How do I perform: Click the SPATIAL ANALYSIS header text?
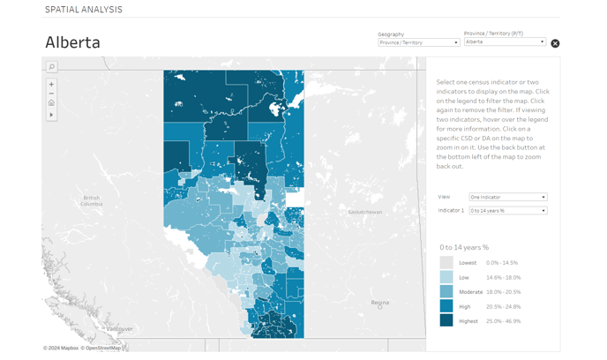[84, 10]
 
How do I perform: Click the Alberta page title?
[72, 42]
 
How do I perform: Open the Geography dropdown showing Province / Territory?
[418, 42]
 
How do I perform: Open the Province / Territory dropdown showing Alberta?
[505, 41]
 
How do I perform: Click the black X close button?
[555, 43]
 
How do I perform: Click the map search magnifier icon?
[52, 67]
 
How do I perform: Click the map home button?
[52, 103]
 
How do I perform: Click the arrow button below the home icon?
[52, 115]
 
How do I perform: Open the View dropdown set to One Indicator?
[507, 197]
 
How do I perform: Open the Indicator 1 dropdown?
[507, 211]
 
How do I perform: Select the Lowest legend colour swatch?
[446, 263]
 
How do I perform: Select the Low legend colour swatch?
[446, 277]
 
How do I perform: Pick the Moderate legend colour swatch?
[446, 292]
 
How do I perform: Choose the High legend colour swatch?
[446, 306]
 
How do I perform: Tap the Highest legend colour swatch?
[446, 321]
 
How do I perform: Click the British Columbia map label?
[93, 200]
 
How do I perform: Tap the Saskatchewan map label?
[364, 212]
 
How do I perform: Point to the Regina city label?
[380, 303]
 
